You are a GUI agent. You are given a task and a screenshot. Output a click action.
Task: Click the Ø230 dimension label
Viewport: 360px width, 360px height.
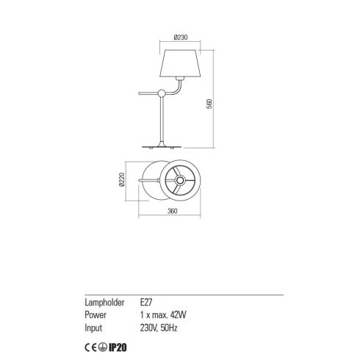click(x=181, y=37)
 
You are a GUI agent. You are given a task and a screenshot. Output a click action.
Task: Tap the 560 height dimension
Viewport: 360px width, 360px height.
click(x=209, y=104)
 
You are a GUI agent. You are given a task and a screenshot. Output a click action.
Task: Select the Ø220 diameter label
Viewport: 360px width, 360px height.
click(x=122, y=179)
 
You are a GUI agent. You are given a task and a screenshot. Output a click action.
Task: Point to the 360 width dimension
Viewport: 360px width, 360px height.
click(x=172, y=211)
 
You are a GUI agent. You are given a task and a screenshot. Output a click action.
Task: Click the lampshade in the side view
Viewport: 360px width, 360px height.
click(x=180, y=63)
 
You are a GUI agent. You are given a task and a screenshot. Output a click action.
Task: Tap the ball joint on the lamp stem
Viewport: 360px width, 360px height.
click(x=162, y=93)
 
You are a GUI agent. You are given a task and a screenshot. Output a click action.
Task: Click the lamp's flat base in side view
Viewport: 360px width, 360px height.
click(x=162, y=147)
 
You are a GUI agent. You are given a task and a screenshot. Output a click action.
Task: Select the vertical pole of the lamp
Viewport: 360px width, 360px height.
click(x=162, y=120)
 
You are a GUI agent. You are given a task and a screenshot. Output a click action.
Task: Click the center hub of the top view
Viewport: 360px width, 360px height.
click(x=180, y=181)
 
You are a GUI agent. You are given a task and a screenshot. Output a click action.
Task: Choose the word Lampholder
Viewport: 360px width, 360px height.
click(x=104, y=303)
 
